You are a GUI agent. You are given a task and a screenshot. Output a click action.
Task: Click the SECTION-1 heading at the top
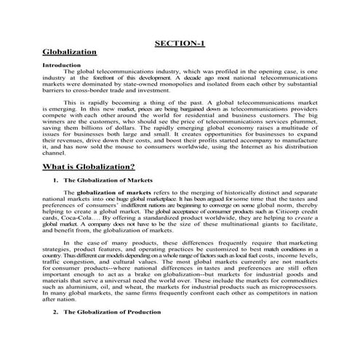(180, 43)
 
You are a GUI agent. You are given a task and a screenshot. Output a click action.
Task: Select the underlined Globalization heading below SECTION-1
(70, 53)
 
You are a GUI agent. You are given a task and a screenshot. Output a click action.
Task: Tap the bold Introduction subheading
(61, 65)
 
